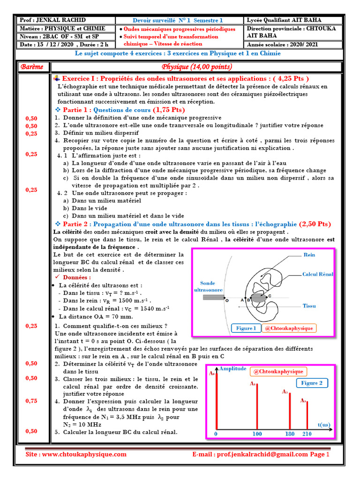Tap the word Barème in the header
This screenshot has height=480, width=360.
pyautogui.click(x=32, y=67)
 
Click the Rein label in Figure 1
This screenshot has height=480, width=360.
pyautogui.click(x=309, y=255)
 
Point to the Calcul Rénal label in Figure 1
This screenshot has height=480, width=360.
pyautogui.click(x=317, y=274)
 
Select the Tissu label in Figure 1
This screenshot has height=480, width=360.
pyautogui.click(x=309, y=306)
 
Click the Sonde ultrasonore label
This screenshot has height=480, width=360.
pyautogui.click(x=208, y=287)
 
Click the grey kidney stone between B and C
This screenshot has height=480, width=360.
pyautogui.click(x=258, y=298)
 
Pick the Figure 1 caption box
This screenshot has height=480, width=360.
pyautogui.click(x=246, y=328)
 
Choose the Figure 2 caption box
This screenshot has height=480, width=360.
pyautogui.click(x=312, y=383)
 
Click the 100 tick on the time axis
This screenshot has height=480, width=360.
pyautogui.click(x=257, y=434)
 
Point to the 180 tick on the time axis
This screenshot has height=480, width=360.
pyautogui.click(x=290, y=434)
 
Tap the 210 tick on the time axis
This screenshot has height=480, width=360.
pyautogui.click(x=307, y=434)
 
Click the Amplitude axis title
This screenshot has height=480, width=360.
pyautogui.click(x=232, y=369)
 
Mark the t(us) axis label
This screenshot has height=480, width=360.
pyautogui.click(x=324, y=425)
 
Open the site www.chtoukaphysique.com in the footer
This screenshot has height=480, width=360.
pyautogui.click(x=76, y=454)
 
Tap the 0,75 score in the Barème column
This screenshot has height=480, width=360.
pyautogui.click(x=31, y=401)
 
